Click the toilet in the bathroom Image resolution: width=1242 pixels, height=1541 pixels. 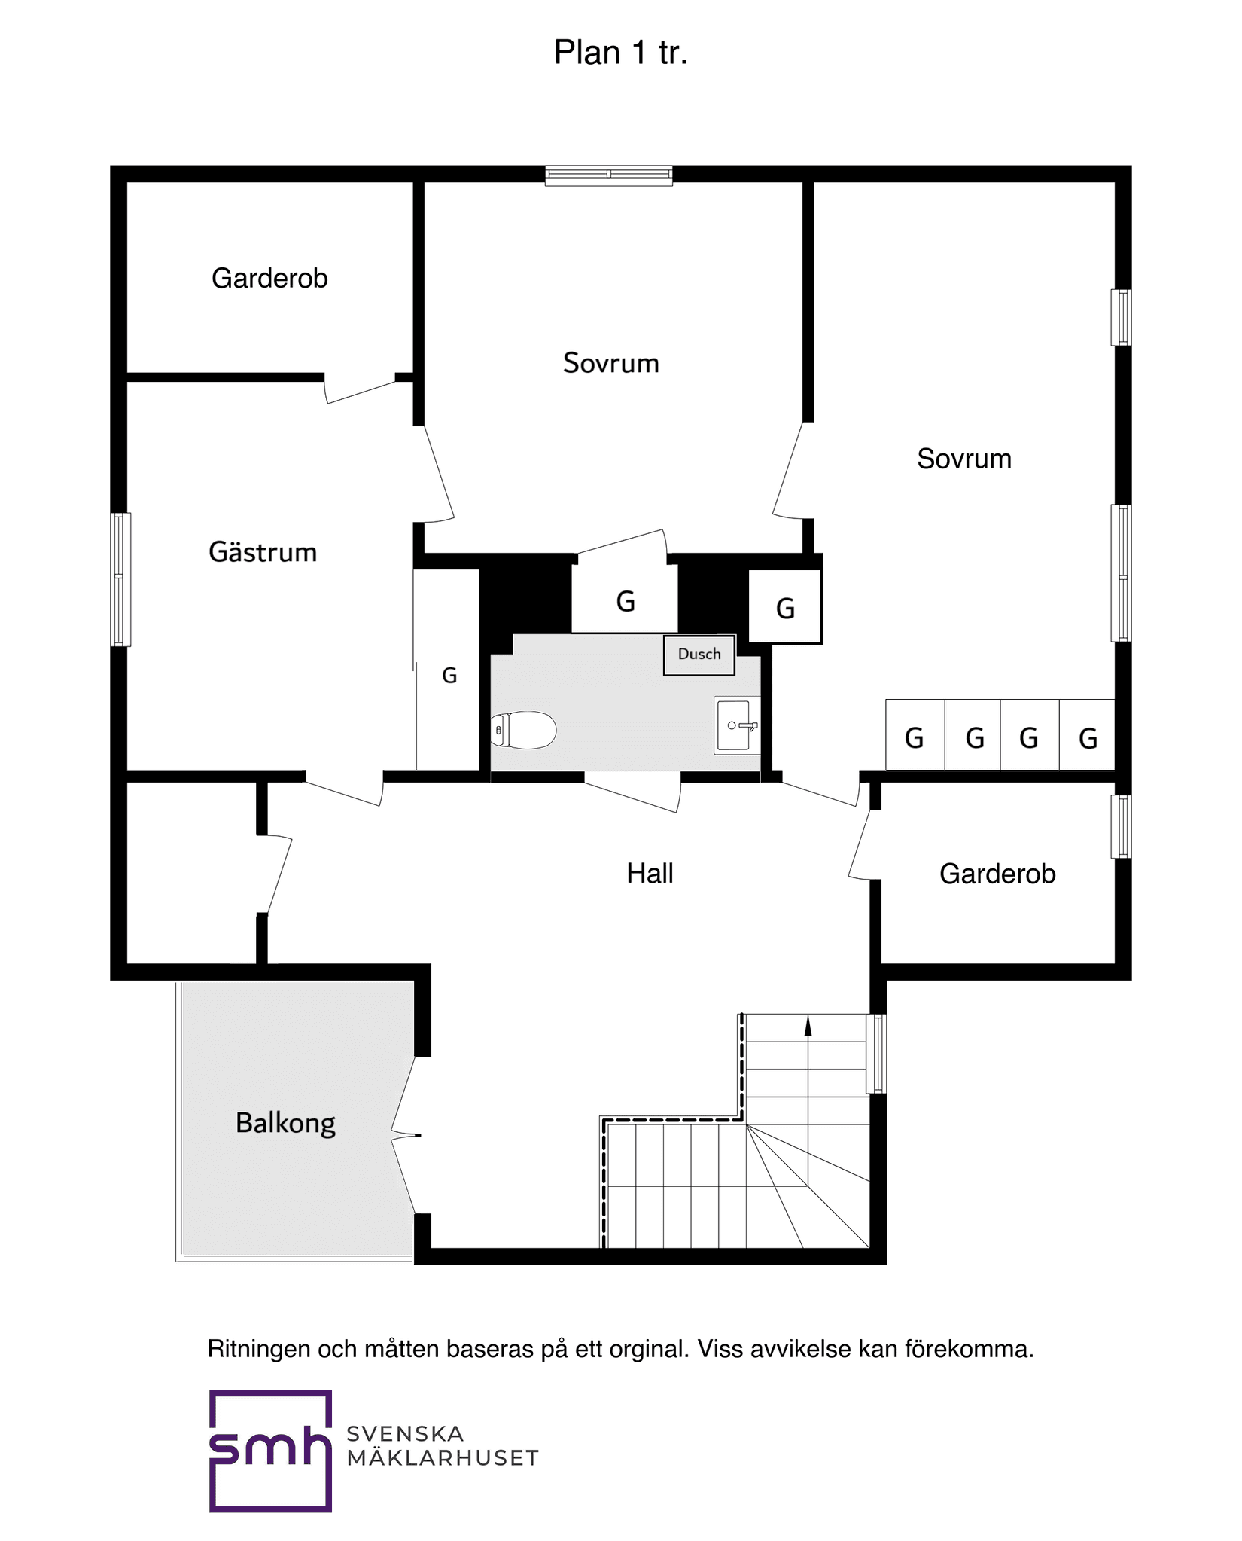525,730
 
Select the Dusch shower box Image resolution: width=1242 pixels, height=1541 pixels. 699,655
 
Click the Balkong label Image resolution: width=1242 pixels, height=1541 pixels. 285,1123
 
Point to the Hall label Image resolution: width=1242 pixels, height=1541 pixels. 650,874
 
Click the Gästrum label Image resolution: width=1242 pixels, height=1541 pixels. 263,552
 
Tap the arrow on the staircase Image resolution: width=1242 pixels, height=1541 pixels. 808,1026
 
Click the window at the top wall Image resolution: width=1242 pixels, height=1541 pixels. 608,175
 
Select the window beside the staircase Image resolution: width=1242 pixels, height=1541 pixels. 875,1053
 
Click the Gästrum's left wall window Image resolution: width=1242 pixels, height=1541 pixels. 120,579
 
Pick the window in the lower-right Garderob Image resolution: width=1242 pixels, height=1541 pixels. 1121,826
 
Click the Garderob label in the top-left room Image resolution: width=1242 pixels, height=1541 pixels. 269,279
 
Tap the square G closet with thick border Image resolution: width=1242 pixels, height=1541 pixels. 784,606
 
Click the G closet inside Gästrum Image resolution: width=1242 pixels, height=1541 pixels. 449,676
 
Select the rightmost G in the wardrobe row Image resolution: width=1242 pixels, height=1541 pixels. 1087,737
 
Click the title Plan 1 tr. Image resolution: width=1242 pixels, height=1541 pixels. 620,53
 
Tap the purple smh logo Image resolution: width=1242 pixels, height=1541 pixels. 270,1450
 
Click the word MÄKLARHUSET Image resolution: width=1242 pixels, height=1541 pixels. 442,1458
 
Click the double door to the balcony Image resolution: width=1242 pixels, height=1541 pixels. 403,1135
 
